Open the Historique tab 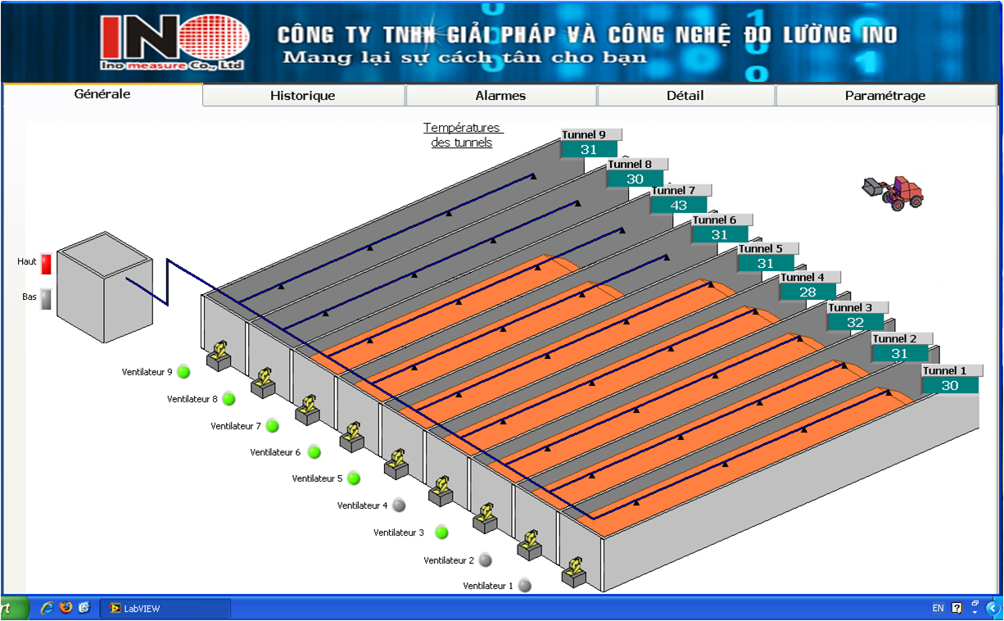(303, 96)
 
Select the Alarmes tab (500, 96)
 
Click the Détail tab (685, 96)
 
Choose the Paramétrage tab (885, 96)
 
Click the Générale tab (102, 94)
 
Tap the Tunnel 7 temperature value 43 (679, 205)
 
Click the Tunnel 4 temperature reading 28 (807, 292)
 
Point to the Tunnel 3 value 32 (855, 323)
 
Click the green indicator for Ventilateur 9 (183, 371)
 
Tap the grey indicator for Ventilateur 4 (399, 505)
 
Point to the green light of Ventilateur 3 (441, 532)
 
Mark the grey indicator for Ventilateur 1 (525, 585)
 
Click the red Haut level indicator (47, 264)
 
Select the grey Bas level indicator (47, 299)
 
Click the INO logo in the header (173, 43)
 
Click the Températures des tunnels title (463, 135)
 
